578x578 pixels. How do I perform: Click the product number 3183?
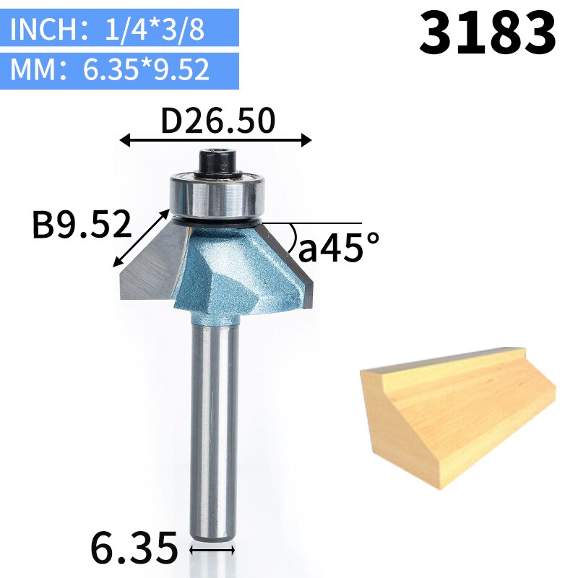(x=487, y=33)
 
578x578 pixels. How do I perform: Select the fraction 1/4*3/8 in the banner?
(x=155, y=29)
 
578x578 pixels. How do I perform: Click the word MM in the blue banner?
(x=33, y=69)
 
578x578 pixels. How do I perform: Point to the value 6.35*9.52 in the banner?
(x=146, y=69)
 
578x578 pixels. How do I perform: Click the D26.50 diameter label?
(x=218, y=120)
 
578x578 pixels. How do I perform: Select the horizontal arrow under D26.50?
(x=215, y=140)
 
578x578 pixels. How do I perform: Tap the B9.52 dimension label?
(x=82, y=224)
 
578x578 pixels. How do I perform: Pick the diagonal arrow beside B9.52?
(x=141, y=238)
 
